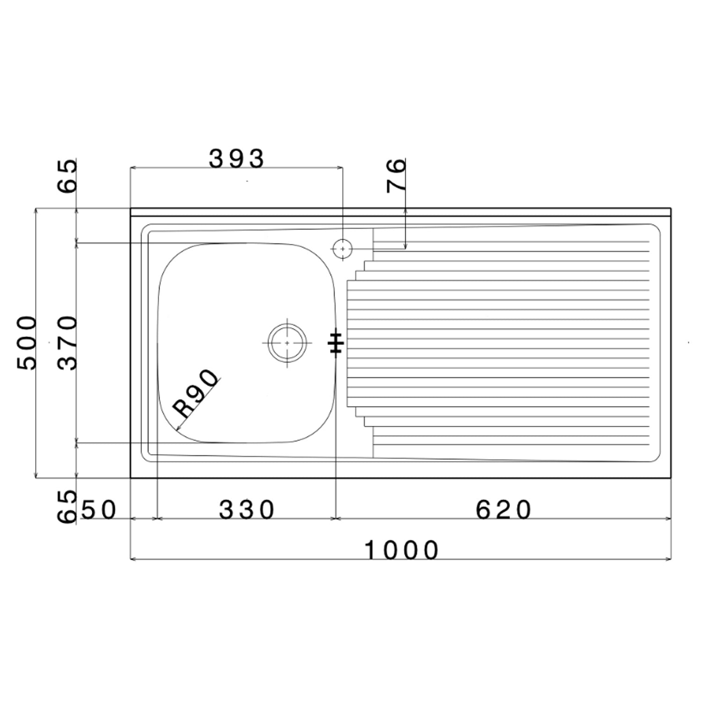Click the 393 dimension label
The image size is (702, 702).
point(236,159)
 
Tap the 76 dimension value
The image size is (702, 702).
point(396,175)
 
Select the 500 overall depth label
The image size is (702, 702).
point(27,343)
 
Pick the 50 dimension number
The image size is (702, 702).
point(98,510)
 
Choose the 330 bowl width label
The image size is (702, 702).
point(247,510)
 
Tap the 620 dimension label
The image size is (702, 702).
point(504,510)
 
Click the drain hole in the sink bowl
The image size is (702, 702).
point(287,343)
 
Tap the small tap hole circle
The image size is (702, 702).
point(343,249)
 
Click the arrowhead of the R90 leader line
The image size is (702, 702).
point(177,428)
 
